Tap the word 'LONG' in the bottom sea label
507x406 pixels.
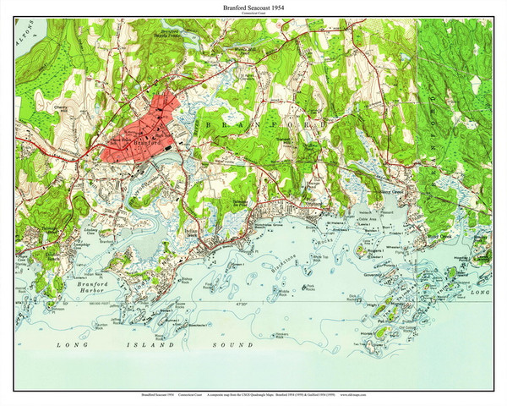click(x=70, y=346)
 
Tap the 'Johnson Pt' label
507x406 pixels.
click(x=60, y=308)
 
